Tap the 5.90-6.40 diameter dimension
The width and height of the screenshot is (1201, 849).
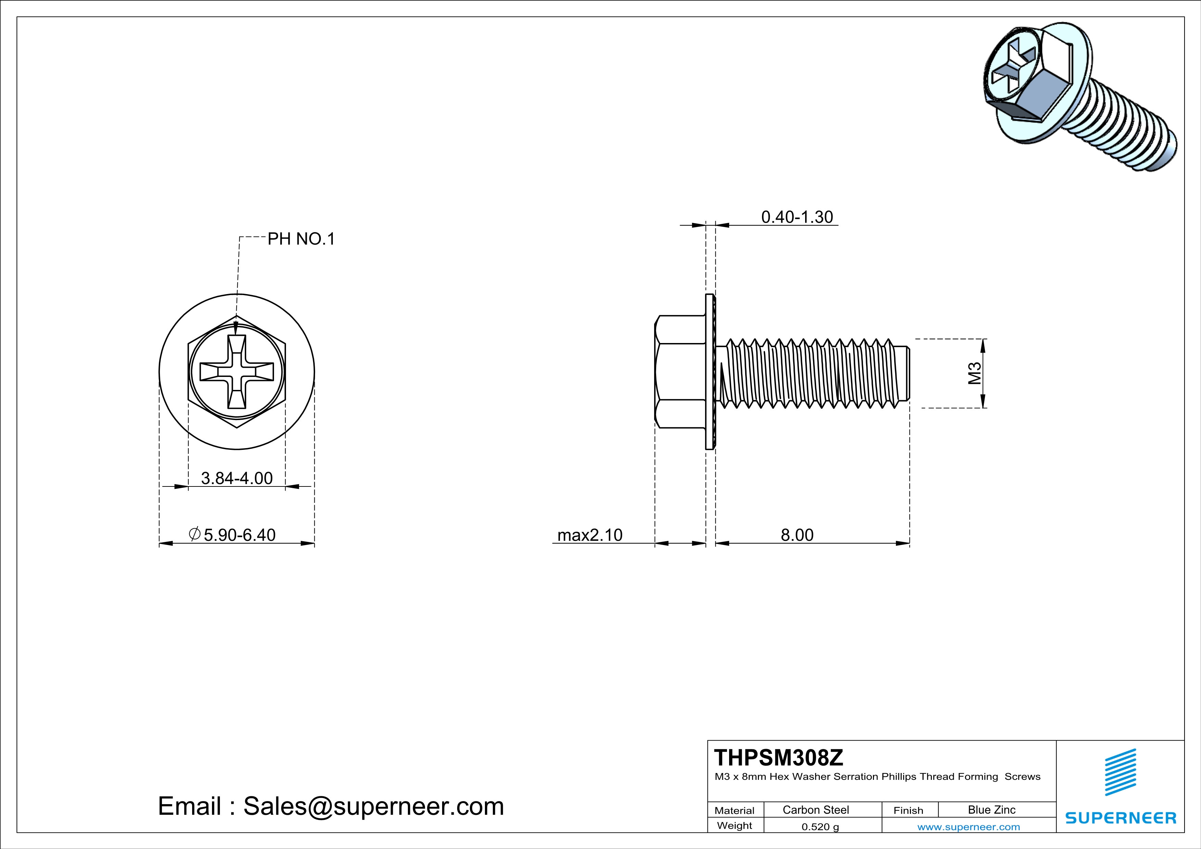click(x=239, y=535)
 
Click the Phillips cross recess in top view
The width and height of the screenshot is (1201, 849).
click(x=237, y=372)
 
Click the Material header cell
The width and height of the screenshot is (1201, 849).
click(x=735, y=810)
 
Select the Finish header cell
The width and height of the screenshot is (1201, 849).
click(x=908, y=810)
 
